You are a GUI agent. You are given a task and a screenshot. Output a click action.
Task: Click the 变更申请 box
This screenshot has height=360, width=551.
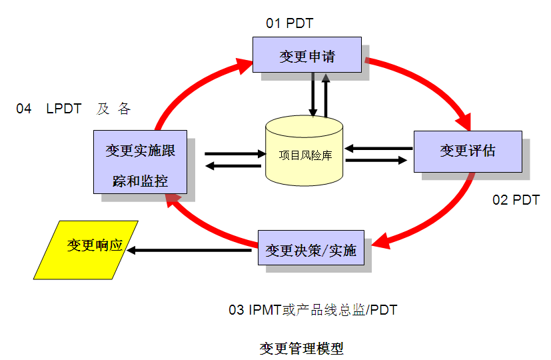pos(307,55)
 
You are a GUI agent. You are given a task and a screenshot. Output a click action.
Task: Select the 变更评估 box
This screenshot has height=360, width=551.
pos(468,151)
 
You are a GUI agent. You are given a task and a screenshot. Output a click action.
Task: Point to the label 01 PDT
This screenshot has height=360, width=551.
pos(290,23)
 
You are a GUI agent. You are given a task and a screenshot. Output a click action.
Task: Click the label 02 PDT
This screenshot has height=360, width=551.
pos(516,200)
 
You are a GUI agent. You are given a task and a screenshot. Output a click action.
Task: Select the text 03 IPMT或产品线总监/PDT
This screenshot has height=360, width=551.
pos(313,309)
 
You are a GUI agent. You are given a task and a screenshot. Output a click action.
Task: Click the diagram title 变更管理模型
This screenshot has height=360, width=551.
pos(301,348)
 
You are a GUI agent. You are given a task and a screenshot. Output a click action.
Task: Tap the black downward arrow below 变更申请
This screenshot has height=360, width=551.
pos(312,93)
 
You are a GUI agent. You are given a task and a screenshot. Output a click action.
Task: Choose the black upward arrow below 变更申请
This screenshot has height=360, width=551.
pos(326,93)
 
